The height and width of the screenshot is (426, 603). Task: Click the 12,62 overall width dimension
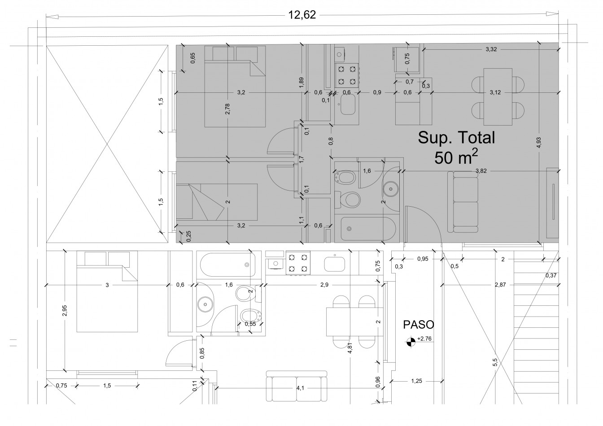pyautogui.click(x=302, y=15)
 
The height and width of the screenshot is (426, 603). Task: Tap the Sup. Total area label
pyautogui.click(x=456, y=138)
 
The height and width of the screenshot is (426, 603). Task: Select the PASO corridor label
pyautogui.click(x=418, y=325)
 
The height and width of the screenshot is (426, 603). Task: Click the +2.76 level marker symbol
pyautogui.click(x=410, y=342)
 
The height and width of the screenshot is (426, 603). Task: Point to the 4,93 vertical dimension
pyautogui.click(x=539, y=143)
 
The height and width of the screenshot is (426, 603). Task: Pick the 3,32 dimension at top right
pyautogui.click(x=491, y=49)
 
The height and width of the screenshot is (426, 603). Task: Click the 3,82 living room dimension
pyautogui.click(x=481, y=171)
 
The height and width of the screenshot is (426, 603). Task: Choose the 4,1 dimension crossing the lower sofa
pyautogui.click(x=300, y=388)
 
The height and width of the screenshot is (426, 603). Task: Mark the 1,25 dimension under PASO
pyautogui.click(x=416, y=381)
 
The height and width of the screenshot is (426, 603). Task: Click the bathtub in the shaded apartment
pyautogui.click(x=368, y=229)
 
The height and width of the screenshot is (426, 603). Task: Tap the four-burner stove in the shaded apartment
pyautogui.click(x=347, y=75)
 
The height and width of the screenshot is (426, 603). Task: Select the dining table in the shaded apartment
pyautogui.click(x=498, y=97)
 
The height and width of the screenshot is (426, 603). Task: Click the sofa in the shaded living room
pyautogui.click(x=463, y=202)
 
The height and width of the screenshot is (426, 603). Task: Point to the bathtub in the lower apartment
pyautogui.click(x=228, y=265)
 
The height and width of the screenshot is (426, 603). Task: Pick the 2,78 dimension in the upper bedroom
pyautogui.click(x=228, y=109)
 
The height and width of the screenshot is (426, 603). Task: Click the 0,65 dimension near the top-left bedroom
pyautogui.click(x=193, y=58)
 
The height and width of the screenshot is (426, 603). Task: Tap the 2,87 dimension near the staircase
pyautogui.click(x=500, y=285)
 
